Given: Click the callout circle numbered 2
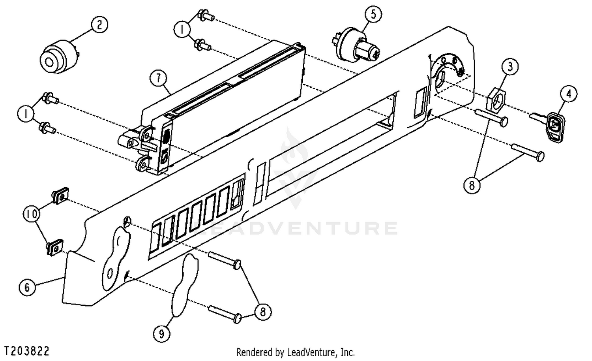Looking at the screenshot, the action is click(x=99, y=25).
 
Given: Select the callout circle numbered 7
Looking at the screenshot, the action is click(x=159, y=78).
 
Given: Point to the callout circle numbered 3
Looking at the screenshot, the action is click(x=510, y=66).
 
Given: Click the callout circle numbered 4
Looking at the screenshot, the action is click(x=569, y=94).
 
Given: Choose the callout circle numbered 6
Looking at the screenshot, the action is click(x=27, y=287).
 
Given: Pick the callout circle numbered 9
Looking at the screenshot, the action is click(x=161, y=334).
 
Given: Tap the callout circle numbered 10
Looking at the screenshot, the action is click(x=32, y=214).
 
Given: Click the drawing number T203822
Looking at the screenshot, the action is click(x=27, y=351).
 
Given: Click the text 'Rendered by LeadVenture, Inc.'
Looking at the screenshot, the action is click(x=295, y=352).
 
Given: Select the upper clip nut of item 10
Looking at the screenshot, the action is click(x=60, y=195).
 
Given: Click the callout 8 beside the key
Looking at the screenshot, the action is click(x=472, y=184).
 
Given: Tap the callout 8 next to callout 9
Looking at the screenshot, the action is click(x=263, y=312).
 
